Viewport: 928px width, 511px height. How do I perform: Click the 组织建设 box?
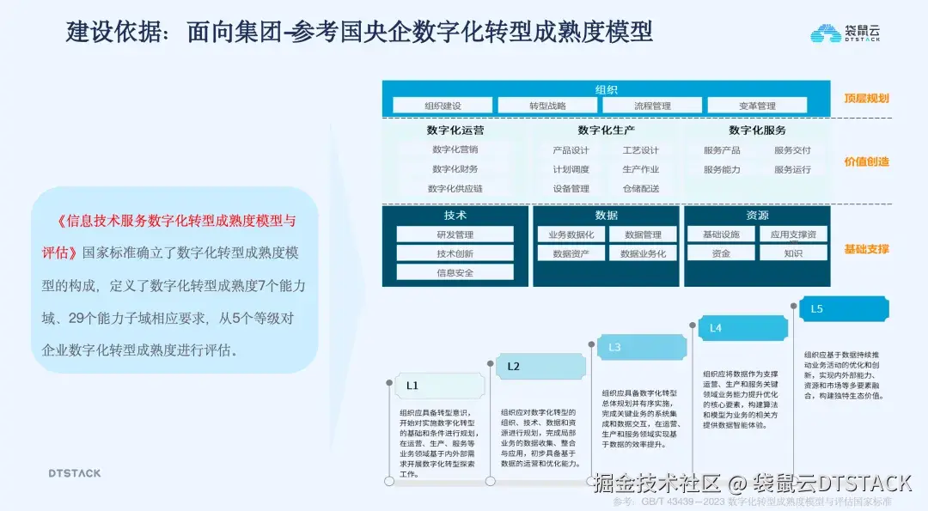(443, 106)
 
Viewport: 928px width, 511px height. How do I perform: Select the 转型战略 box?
(547, 106)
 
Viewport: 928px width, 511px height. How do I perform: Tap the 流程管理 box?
(652, 106)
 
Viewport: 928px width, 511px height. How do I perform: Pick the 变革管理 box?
(757, 106)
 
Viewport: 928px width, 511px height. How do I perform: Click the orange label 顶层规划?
(866, 99)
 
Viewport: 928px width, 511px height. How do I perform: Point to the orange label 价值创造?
(866, 161)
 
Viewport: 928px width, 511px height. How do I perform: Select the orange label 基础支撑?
(866, 249)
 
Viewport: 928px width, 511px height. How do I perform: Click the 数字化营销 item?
(455, 150)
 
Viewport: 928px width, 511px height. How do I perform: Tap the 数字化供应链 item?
(455, 188)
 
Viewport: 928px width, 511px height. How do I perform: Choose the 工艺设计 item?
(640, 150)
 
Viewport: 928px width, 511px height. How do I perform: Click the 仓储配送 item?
(640, 188)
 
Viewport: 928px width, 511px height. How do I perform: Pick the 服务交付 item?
(791, 150)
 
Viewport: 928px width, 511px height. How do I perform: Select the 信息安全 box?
(455, 272)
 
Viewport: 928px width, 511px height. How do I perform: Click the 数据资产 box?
(571, 253)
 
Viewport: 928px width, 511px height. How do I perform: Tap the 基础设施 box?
(720, 234)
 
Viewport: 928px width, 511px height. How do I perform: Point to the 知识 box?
(793, 253)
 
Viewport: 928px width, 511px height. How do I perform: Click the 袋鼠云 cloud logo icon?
(826, 33)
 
